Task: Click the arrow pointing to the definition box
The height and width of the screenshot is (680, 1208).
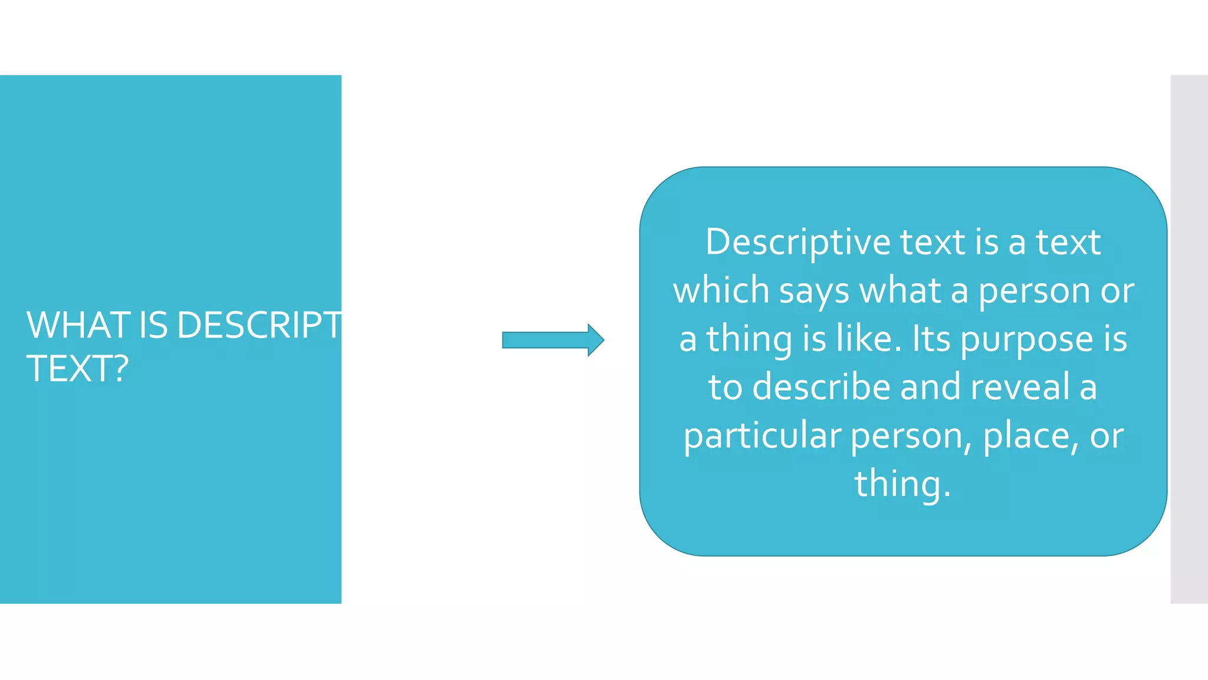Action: pos(553,340)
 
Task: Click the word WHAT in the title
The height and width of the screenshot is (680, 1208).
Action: pos(78,325)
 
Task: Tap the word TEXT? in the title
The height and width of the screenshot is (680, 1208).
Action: pos(77,369)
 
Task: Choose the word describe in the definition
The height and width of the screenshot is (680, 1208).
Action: pos(822,387)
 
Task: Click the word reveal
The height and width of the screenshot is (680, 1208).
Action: pos(1020,387)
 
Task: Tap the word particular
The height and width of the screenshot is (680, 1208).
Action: pos(762,436)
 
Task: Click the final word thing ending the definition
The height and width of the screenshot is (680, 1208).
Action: pos(898,485)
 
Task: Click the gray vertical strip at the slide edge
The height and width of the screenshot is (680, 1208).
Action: pos(1189,339)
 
